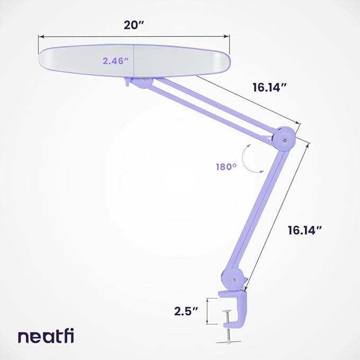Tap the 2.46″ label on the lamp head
(116, 61)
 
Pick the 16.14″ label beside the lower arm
(305, 230)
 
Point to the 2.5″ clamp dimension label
(187, 311)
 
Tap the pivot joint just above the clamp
(232, 277)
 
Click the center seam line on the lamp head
(134, 60)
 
